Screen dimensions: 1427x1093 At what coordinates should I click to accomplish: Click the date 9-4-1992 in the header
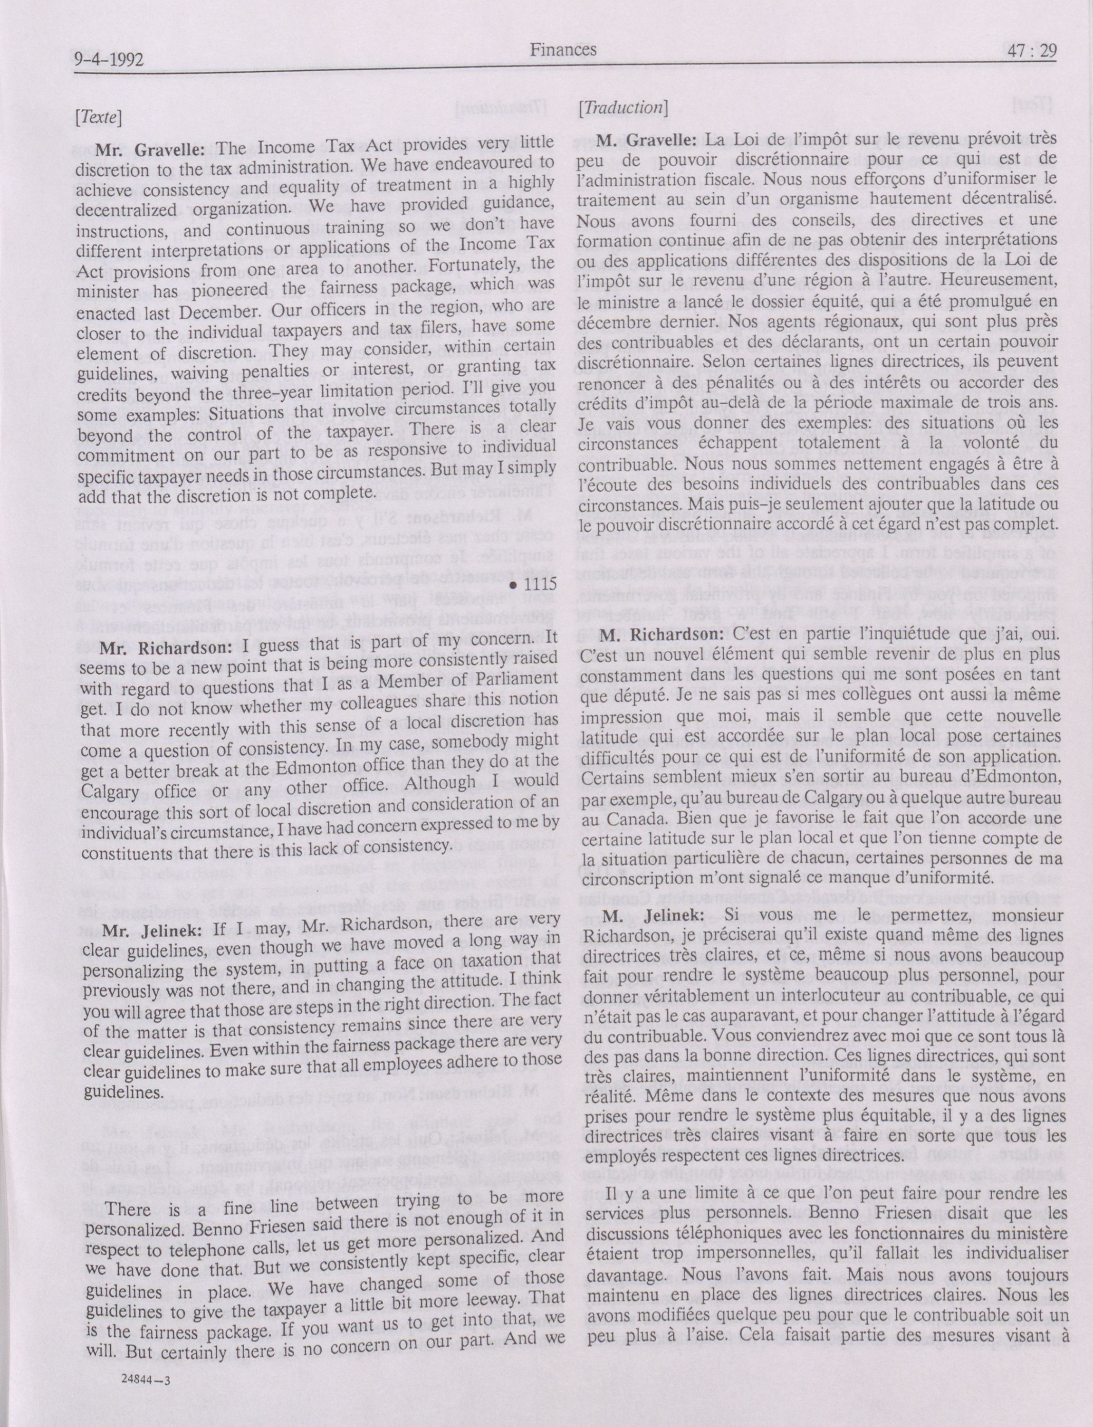pos(109,60)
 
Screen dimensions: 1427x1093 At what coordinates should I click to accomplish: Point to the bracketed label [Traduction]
pos(623,108)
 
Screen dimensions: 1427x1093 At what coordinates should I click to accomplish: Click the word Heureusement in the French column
pos(1000,280)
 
